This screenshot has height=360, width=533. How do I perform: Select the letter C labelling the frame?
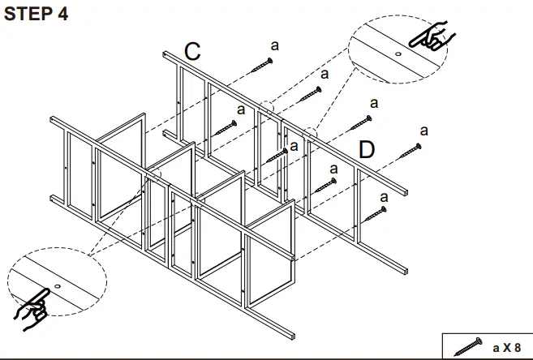[192, 51]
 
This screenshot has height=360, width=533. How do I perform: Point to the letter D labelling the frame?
[367, 149]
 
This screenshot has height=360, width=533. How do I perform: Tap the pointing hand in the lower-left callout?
[32, 307]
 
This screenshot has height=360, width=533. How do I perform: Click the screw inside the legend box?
[470, 347]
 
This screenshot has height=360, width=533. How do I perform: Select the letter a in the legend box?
[496, 347]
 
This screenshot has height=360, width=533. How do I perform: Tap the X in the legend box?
[506, 347]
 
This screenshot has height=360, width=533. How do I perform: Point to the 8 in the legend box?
[517, 347]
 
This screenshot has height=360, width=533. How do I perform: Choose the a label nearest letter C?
[274, 46]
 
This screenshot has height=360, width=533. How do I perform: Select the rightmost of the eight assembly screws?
[410, 149]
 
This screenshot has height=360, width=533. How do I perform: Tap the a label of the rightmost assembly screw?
[423, 130]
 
